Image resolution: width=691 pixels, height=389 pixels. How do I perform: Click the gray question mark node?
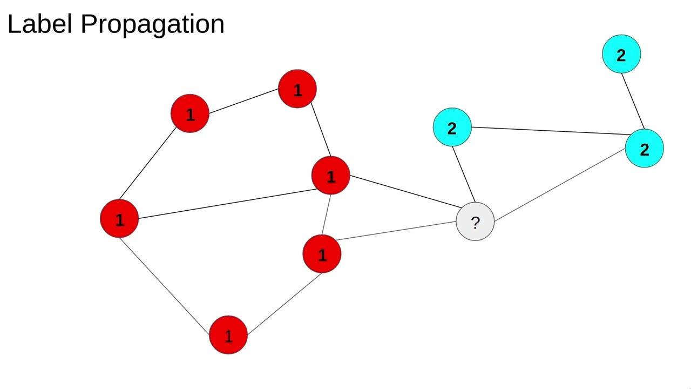tap(475, 222)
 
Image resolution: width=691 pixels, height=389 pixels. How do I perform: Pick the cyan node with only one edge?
tap(621, 54)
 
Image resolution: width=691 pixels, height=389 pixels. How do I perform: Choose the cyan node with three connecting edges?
tap(644, 149)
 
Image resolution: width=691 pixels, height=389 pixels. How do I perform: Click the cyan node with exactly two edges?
tap(452, 128)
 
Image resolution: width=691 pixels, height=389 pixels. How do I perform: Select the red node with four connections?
tap(331, 176)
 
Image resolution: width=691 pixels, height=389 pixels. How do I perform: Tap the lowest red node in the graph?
tap(228, 336)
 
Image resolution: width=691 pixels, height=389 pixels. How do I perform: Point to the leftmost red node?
tap(119, 219)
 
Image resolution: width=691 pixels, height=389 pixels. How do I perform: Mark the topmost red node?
tap(297, 89)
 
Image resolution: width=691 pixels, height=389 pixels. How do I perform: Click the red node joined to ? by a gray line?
tap(322, 254)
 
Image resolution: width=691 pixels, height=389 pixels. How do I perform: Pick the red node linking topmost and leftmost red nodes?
tap(189, 114)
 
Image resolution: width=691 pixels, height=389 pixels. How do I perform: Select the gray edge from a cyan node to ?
tap(560, 184)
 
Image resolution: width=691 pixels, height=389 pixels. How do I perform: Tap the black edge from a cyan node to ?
tap(464, 173)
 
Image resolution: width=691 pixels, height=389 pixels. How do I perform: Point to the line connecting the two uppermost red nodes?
tap(243, 101)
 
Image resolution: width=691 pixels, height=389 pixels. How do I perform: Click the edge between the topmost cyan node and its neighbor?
tap(633, 101)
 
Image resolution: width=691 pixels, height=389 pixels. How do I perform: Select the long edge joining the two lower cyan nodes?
tap(548, 131)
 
